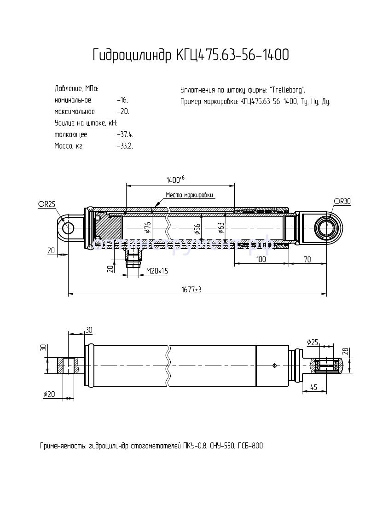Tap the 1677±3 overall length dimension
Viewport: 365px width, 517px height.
pos(191,290)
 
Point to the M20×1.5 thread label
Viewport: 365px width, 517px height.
pos(157,271)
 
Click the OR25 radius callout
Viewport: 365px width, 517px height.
pos(46,204)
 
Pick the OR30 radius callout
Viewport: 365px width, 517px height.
pos(342,201)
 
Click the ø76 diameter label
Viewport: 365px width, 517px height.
pos(147,227)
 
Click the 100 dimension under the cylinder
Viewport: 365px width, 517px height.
pos(261,260)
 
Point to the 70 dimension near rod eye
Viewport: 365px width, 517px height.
pos(307,260)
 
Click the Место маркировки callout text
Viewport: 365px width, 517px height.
pos(190,195)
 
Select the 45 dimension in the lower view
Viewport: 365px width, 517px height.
pos(313,387)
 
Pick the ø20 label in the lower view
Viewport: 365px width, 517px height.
pos(49,394)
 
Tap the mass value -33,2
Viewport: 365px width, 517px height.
pos(125,146)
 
